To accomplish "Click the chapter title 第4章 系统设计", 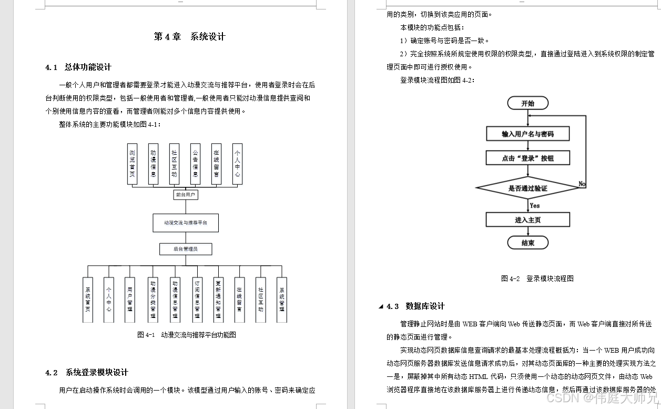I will [x=189, y=37].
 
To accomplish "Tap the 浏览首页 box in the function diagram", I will [x=133, y=164].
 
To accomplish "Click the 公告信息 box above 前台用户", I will [x=196, y=164].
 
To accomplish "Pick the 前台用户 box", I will [x=186, y=195].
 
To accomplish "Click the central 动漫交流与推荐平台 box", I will [x=186, y=223].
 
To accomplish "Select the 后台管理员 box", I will [x=186, y=248].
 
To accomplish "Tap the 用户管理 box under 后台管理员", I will [x=129, y=300].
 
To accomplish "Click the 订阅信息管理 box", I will [x=197, y=300].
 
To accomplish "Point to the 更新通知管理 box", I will [x=218, y=300].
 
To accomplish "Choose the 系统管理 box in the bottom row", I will [x=282, y=300].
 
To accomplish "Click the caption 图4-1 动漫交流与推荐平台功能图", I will [x=187, y=335].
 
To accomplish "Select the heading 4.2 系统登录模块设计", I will [x=87, y=373].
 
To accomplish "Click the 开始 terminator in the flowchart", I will [x=527, y=103].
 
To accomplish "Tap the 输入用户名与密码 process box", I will [x=527, y=134].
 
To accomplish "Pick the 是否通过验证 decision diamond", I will [x=527, y=188].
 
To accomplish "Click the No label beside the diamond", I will [x=582, y=184].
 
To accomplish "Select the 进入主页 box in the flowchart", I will [x=527, y=220].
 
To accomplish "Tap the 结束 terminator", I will [x=527, y=243].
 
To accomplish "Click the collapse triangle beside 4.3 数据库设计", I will [x=381, y=307].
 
